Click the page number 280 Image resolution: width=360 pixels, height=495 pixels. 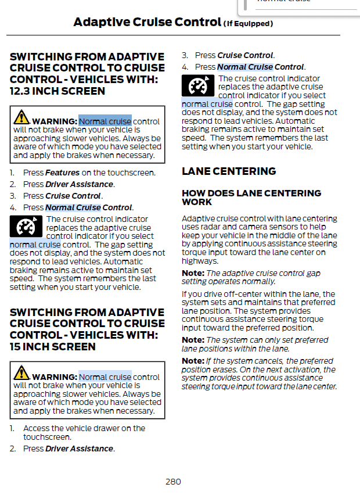click(173, 482)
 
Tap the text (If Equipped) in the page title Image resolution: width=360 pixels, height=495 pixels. click(248, 24)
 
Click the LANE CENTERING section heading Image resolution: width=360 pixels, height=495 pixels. click(229, 171)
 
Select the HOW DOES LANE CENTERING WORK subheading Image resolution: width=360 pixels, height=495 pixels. click(251, 198)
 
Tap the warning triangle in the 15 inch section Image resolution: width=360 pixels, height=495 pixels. click(21, 373)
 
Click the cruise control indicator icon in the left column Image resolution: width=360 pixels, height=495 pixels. click(27, 226)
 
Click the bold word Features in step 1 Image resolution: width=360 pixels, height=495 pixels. click(63, 173)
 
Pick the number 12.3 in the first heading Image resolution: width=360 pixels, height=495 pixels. click(20, 91)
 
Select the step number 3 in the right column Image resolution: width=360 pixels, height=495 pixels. click(185, 56)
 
